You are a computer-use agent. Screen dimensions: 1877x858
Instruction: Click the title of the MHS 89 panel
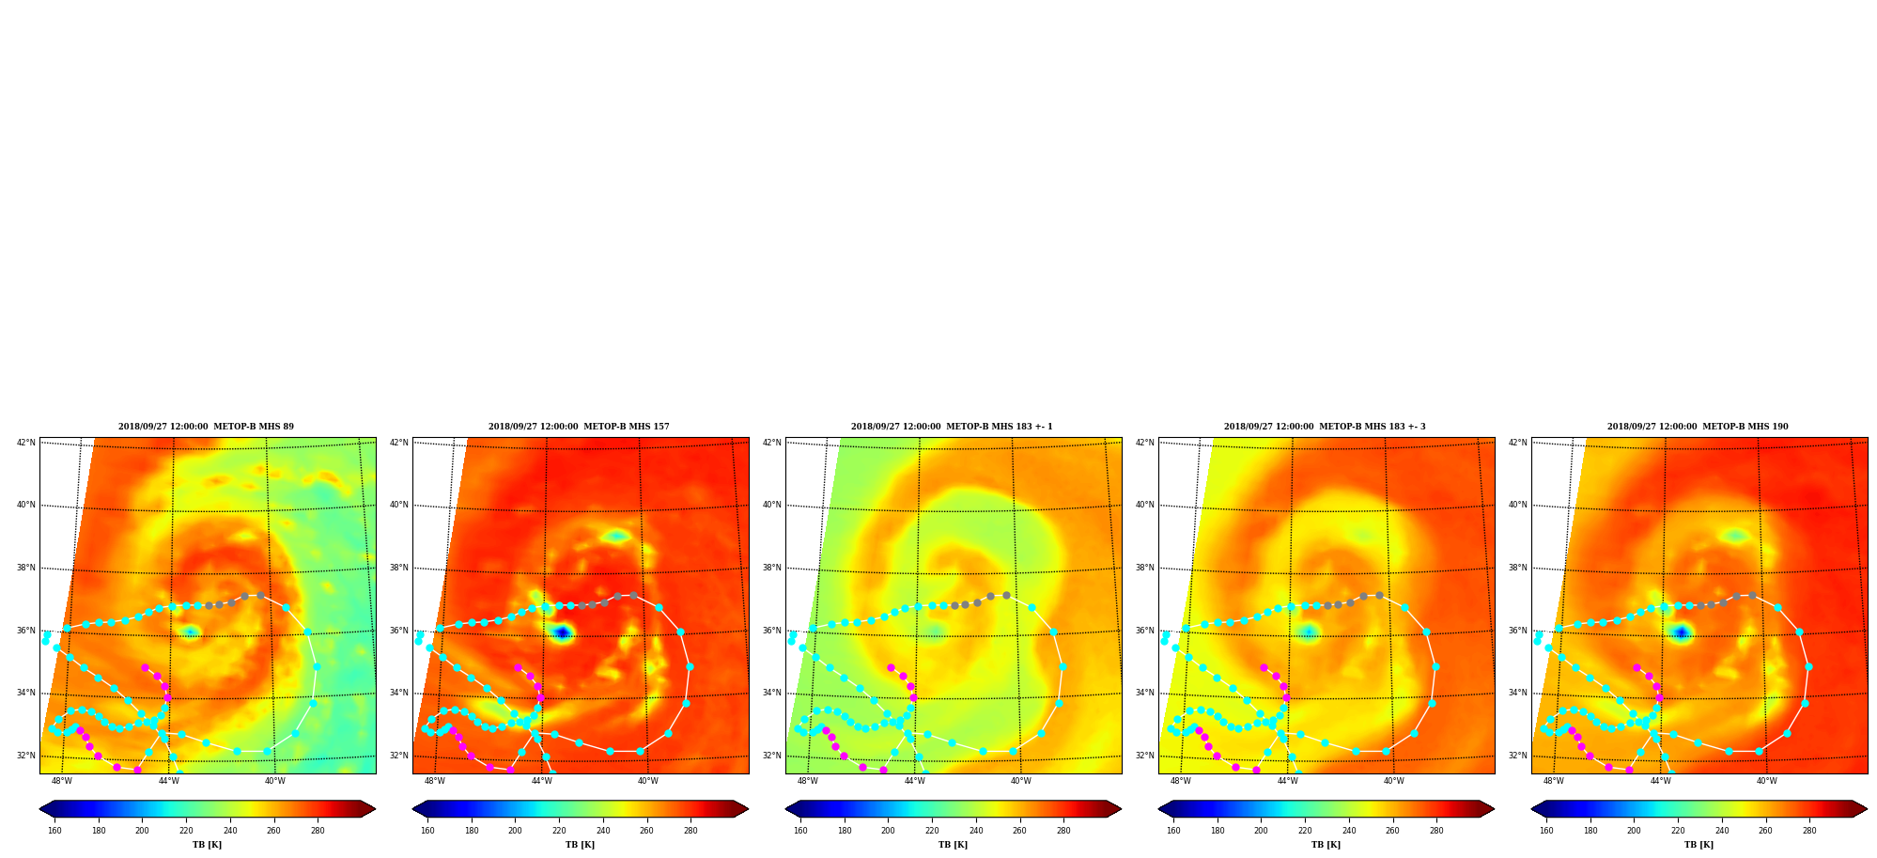(206, 427)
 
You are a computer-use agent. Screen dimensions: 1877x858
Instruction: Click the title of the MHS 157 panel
(579, 427)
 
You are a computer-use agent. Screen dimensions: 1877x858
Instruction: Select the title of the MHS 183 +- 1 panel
(952, 427)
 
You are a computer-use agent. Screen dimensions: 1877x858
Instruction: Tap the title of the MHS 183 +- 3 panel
(1325, 427)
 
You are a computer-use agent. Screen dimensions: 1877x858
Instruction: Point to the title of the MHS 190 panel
(1698, 427)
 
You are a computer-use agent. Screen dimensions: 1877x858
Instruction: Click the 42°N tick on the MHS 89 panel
(26, 443)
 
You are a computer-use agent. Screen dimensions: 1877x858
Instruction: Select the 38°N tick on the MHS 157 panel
(399, 568)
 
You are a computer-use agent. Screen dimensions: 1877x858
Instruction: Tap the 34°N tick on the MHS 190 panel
(1518, 693)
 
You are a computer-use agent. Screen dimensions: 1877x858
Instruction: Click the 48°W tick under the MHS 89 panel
(62, 781)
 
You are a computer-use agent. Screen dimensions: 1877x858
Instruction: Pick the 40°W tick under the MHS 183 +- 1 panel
(1021, 781)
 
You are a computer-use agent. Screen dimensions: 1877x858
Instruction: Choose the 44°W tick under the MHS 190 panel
(1661, 781)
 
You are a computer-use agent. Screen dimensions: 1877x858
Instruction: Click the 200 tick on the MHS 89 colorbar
(142, 831)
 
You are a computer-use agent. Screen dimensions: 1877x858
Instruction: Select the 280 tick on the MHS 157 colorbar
(690, 831)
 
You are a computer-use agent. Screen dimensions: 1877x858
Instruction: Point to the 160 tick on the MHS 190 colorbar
(1546, 831)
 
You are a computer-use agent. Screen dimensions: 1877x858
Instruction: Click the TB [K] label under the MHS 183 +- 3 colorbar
(1326, 845)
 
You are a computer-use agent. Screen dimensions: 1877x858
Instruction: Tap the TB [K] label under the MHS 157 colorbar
(580, 845)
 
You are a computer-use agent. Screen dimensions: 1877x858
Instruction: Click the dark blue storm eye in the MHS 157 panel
(562, 632)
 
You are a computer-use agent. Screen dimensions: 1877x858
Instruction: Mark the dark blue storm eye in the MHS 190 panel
(1681, 632)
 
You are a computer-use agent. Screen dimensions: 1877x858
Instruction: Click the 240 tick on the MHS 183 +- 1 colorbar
(976, 831)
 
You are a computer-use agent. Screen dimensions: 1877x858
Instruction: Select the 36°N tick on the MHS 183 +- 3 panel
(1145, 631)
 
